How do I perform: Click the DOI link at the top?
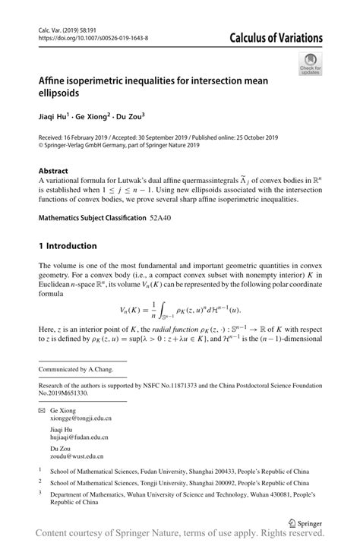pyautogui.click(x=93, y=36)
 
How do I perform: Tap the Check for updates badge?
pyautogui.click(x=309, y=65)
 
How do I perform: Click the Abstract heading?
pyautogui.click(x=55, y=172)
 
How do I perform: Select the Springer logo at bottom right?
pyautogui.click(x=303, y=522)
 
